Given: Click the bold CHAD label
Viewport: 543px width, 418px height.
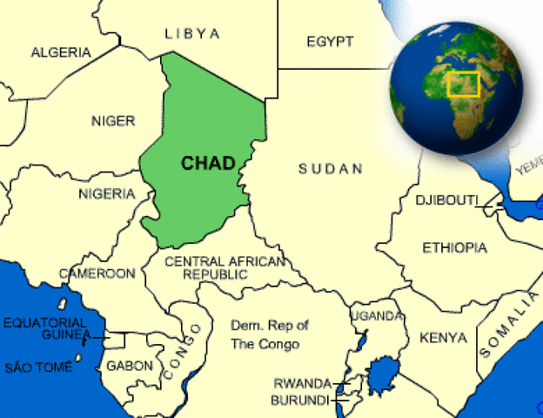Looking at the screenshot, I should click(207, 163).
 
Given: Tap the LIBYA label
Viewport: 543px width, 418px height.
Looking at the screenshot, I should click(192, 34).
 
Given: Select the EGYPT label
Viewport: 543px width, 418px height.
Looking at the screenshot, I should click(330, 42).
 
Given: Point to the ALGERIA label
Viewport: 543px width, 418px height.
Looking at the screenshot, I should click(60, 52).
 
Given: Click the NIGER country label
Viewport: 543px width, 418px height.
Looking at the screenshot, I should click(113, 121).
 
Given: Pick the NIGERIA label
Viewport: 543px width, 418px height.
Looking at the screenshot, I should click(106, 193).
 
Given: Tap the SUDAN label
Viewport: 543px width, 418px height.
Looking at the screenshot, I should click(330, 169).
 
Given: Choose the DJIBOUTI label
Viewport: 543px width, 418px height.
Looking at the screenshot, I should click(446, 200).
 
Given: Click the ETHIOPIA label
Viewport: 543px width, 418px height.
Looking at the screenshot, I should click(454, 248).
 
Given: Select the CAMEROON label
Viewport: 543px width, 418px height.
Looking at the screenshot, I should click(97, 273).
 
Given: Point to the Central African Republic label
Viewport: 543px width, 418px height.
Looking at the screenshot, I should click(225, 267).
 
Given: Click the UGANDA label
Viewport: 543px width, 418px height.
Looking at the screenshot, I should click(377, 315).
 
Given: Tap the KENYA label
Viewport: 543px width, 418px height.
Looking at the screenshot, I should click(443, 337).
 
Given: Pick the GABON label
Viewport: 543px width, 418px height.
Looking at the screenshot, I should click(129, 366).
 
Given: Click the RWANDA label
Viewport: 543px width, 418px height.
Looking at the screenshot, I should click(302, 383).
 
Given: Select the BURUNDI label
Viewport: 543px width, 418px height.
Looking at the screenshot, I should click(300, 400).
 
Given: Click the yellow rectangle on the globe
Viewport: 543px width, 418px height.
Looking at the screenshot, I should click(463, 84).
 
